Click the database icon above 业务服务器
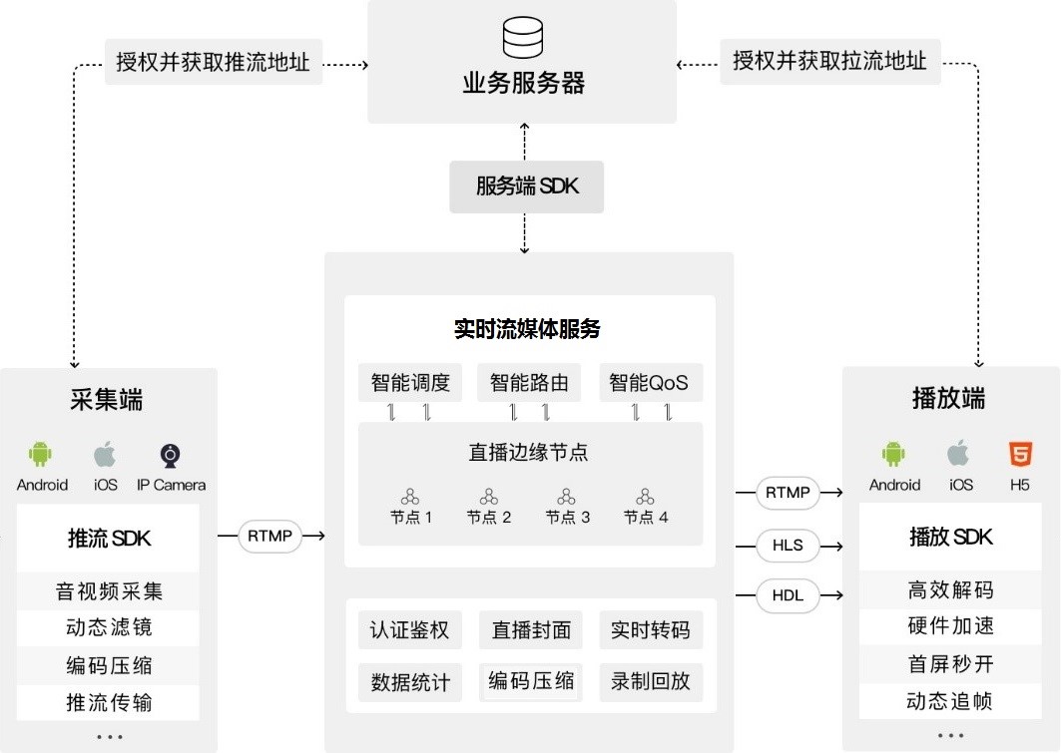(x=523, y=38)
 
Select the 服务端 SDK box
(x=527, y=187)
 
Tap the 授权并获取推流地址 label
(x=214, y=62)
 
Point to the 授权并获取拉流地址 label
(x=829, y=62)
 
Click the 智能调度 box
(x=410, y=383)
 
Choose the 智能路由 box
(x=529, y=383)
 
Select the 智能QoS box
(x=649, y=383)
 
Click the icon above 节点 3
(x=567, y=496)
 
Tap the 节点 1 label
(x=410, y=518)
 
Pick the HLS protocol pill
(x=788, y=546)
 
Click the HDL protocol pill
(x=788, y=595)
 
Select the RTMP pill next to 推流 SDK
(x=269, y=537)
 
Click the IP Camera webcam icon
(x=171, y=456)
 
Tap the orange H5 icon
(x=1019, y=455)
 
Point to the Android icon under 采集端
(x=41, y=456)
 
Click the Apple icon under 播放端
(x=959, y=455)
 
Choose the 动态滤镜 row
(x=109, y=628)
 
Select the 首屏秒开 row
(x=950, y=663)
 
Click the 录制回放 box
(x=651, y=682)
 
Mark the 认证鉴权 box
(x=410, y=631)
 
